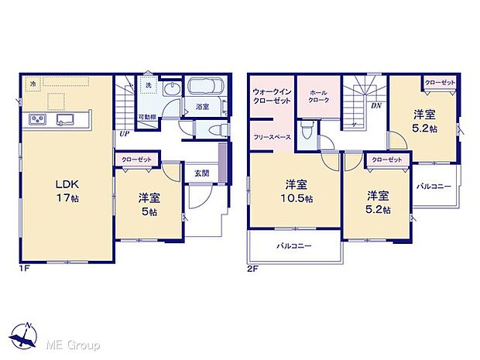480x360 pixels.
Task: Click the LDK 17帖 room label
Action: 66,191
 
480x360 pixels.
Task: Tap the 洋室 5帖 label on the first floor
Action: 149,203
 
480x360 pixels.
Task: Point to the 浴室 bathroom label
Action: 203,107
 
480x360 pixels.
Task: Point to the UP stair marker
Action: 124,133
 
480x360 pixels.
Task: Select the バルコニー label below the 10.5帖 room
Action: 293,245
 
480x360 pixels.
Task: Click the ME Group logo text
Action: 70,342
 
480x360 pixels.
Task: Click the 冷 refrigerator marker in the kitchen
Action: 33,83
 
